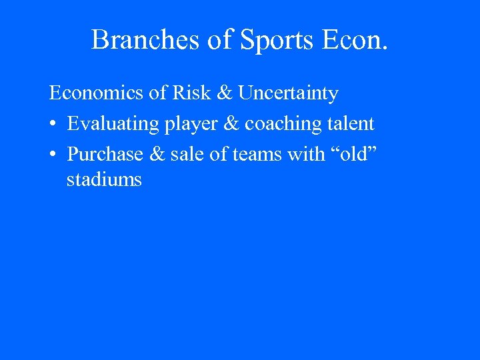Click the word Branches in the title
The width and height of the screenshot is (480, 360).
coord(145,40)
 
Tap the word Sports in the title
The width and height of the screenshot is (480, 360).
coord(277,40)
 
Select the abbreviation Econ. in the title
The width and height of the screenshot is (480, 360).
coord(354,40)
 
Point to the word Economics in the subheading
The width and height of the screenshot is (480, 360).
coord(97,93)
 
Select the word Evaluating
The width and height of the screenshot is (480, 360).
coord(113,124)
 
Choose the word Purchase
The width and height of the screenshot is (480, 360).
coord(105,154)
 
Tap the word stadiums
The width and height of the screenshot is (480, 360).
coord(104,179)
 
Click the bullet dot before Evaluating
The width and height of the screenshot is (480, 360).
coord(53,125)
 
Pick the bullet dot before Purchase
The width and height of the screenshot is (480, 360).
coord(53,155)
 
